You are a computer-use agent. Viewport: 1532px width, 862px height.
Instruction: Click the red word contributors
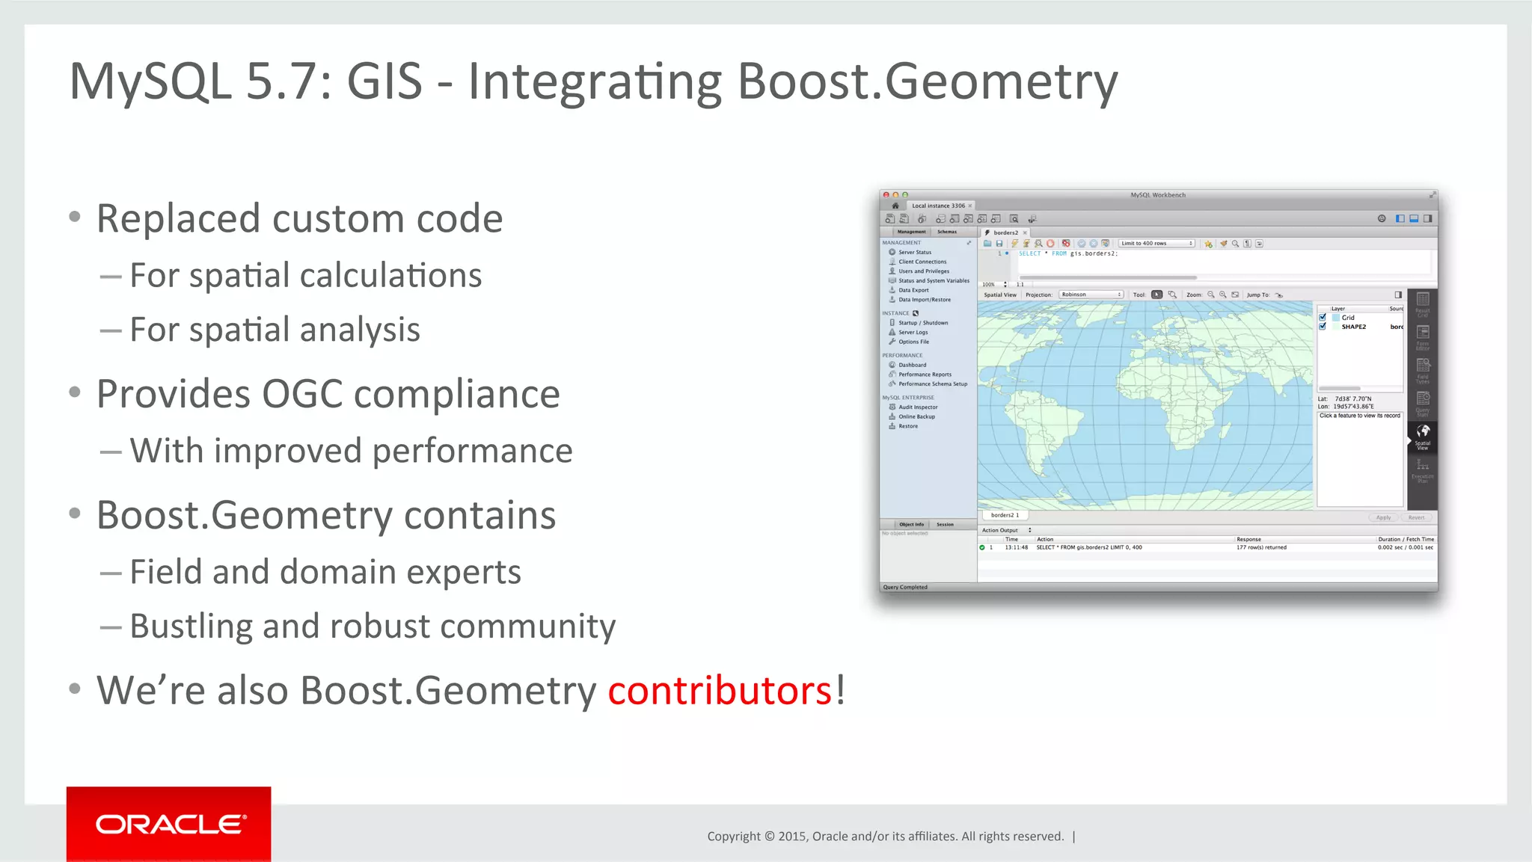click(x=719, y=690)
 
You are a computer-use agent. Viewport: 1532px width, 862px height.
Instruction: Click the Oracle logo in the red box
click(x=169, y=825)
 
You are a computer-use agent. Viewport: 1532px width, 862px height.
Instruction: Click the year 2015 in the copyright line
click(x=791, y=837)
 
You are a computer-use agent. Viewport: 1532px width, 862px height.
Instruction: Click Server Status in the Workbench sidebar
click(x=915, y=253)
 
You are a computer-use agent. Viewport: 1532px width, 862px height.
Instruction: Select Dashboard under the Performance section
click(x=912, y=365)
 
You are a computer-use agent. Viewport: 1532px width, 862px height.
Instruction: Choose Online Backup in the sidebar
click(x=916, y=416)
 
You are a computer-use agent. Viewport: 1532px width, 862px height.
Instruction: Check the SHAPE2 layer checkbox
click(x=1323, y=327)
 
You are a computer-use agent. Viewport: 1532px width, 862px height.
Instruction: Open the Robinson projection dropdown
click(x=1091, y=295)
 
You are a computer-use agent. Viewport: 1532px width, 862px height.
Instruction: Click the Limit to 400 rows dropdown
click(x=1156, y=244)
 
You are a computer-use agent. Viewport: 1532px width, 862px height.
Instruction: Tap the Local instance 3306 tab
click(x=938, y=206)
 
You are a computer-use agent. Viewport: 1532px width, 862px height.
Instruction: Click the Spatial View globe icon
click(x=1423, y=431)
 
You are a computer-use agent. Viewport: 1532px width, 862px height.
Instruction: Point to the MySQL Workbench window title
click(x=1158, y=195)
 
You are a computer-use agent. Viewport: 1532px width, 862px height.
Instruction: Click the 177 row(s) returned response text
click(x=1261, y=547)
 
